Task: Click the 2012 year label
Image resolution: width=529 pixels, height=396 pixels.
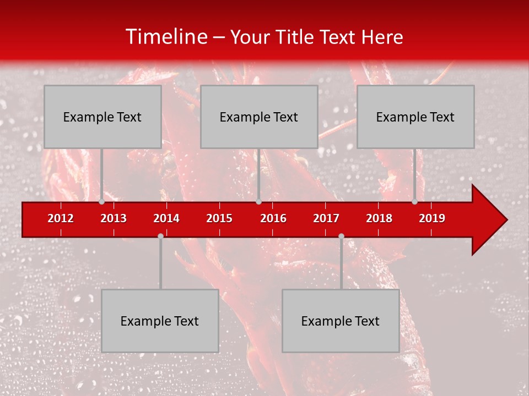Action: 61,218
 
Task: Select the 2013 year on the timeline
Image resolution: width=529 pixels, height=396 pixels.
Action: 114,218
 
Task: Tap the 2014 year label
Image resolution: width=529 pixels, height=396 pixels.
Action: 166,218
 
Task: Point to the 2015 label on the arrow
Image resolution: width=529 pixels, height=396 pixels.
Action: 219,218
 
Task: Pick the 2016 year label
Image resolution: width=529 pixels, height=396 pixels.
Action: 273,218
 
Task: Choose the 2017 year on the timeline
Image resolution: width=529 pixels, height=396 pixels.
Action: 326,218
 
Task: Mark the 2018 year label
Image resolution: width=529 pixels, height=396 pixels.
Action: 379,218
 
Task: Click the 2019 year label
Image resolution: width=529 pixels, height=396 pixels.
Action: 432,218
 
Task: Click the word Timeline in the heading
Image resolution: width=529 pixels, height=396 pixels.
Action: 166,37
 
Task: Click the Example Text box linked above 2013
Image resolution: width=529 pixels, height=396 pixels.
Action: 102,117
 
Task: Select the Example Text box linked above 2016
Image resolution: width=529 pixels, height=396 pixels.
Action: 259,117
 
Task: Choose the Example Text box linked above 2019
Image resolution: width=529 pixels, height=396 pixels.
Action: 415,117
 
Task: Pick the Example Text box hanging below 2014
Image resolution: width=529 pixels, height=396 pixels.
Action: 160,321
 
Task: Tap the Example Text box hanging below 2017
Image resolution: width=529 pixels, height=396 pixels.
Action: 341,321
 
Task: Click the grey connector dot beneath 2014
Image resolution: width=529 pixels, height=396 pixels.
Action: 160,236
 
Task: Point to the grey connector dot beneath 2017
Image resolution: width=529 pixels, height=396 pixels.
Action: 341,236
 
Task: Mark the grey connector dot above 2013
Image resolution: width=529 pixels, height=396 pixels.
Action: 102,202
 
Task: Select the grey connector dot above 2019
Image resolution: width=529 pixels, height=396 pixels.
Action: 414,202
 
